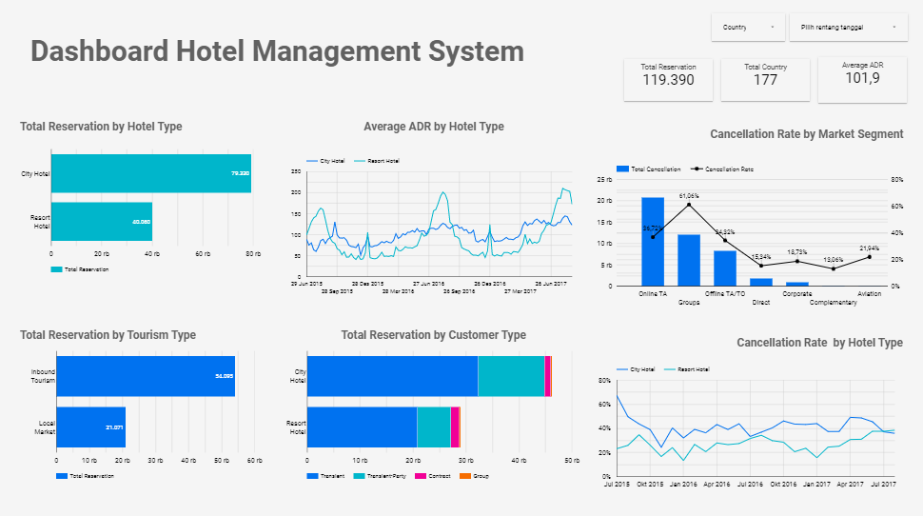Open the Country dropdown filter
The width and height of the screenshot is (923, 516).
click(x=747, y=28)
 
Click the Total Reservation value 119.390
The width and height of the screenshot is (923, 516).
click(x=668, y=80)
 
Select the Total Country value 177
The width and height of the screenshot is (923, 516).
click(x=765, y=80)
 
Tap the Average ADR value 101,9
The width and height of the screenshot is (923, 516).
click(x=862, y=78)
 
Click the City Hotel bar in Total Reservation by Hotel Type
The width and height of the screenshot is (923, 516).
click(x=150, y=174)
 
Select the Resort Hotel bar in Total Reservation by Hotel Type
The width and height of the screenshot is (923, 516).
click(x=101, y=222)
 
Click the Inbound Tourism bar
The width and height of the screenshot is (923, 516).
click(x=143, y=376)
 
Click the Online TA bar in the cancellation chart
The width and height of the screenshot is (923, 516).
click(x=653, y=242)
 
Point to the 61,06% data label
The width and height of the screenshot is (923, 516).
click(x=689, y=196)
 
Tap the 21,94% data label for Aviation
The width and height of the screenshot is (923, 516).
click(x=869, y=248)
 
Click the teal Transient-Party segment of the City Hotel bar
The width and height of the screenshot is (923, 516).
click(x=510, y=376)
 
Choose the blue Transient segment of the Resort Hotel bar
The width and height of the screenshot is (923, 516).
click(x=362, y=427)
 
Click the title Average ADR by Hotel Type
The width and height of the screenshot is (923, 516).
click(x=433, y=127)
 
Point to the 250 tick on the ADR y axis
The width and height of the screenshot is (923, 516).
click(x=296, y=172)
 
